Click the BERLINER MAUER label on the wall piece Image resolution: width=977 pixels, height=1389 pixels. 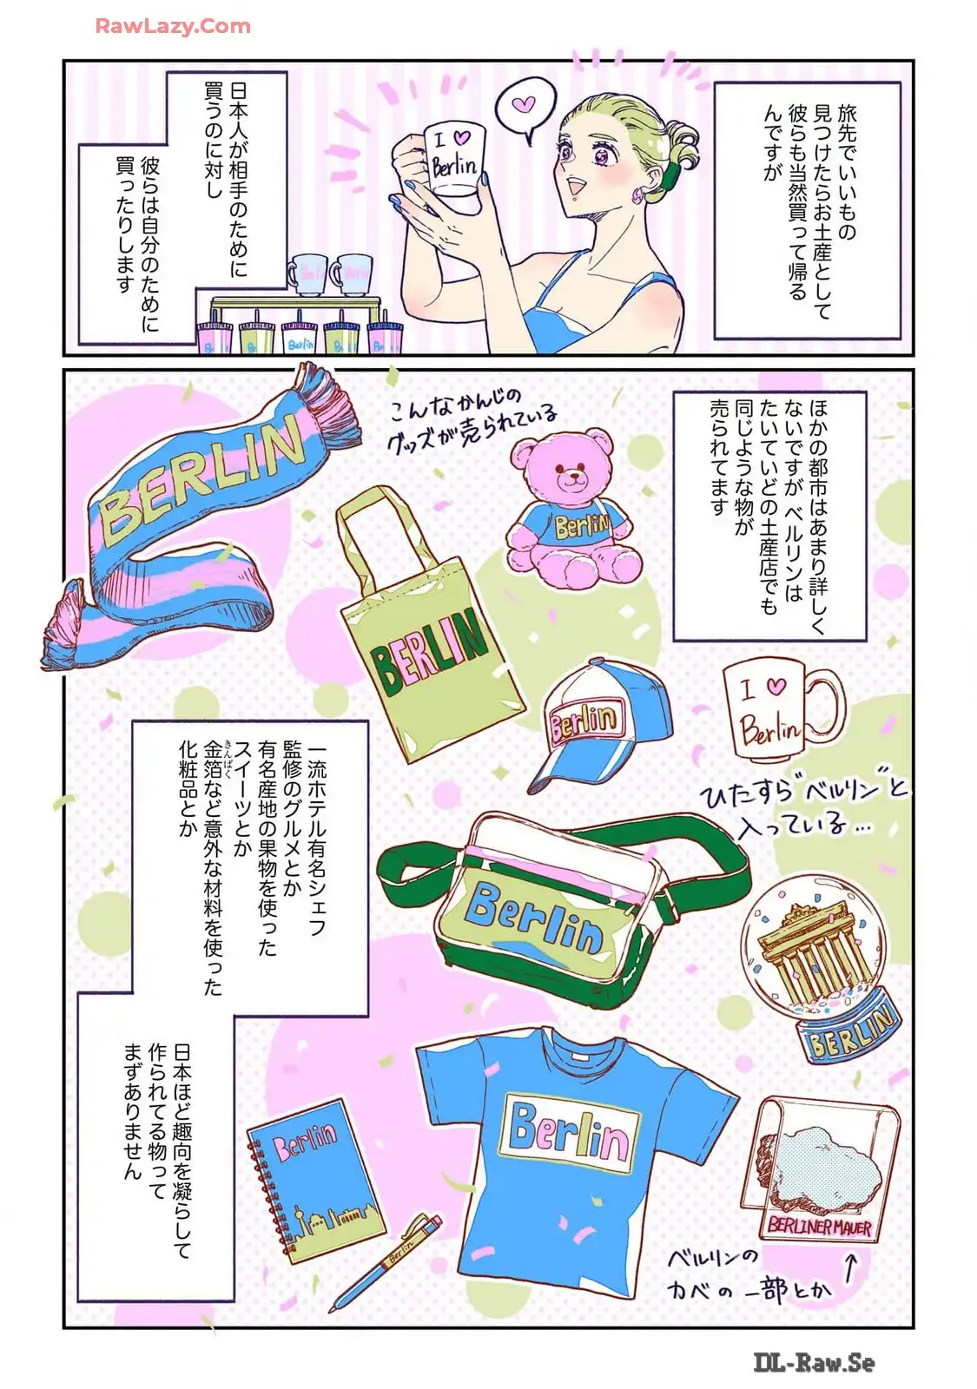[819, 1227]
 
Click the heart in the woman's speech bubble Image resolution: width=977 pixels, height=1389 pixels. [525, 103]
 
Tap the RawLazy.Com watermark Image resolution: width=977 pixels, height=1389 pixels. [173, 26]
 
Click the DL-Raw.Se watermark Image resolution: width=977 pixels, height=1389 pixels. [815, 1362]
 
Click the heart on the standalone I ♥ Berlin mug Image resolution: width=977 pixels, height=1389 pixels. [776, 687]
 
